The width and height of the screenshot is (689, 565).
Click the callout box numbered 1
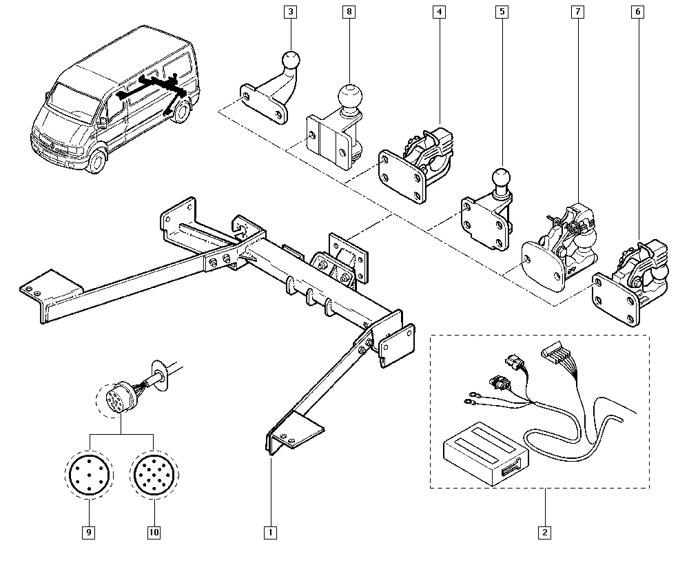[x=270, y=532]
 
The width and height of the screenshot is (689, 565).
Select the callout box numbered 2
[x=545, y=532]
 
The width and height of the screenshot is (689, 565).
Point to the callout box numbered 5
[x=503, y=12]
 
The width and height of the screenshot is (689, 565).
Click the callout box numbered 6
[x=639, y=12]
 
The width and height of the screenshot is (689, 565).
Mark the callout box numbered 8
[x=349, y=12]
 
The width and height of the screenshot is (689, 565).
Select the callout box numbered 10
[x=154, y=532]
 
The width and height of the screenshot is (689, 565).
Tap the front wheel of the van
[x=97, y=162]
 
